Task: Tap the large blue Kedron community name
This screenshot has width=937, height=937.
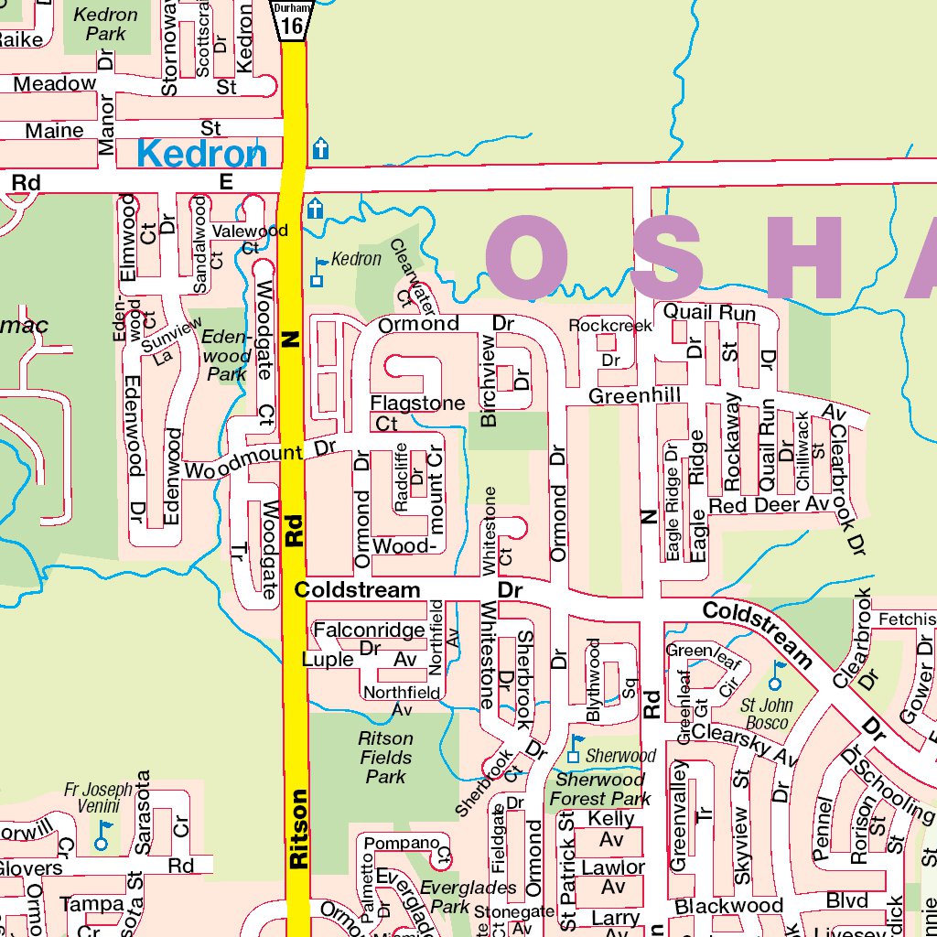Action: point(202,153)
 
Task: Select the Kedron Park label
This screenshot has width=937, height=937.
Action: point(105,25)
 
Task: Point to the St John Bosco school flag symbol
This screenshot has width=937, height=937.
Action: point(776,676)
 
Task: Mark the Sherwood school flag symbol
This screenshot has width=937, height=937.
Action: point(574,749)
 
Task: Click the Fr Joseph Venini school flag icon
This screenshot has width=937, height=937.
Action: point(102,835)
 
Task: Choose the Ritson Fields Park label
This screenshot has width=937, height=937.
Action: point(386,758)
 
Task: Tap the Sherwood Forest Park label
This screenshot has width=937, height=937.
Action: point(599,789)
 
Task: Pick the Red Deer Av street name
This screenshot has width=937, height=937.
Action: point(768,505)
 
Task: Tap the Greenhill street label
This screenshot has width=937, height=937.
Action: point(634,395)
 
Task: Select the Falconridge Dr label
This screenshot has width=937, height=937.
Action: point(369,639)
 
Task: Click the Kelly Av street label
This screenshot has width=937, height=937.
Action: point(611,829)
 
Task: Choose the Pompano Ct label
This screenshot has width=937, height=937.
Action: point(407,847)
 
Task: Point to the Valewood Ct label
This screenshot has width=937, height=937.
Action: point(250,238)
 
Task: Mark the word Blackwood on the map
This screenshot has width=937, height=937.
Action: point(728,906)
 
